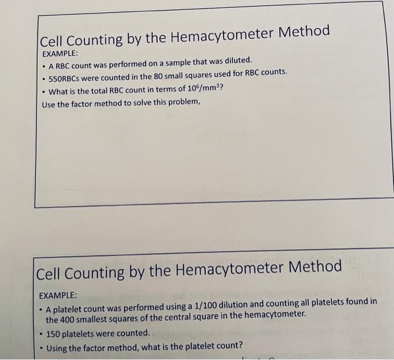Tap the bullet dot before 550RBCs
pyautogui.click(x=44, y=75)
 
